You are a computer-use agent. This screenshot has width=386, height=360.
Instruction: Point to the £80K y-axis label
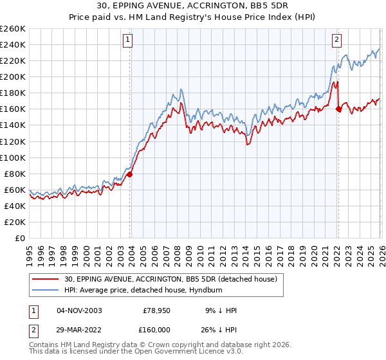pyautogui.click(x=15, y=174)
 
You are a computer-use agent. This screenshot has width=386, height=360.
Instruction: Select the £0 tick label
pyautogui.click(x=20, y=238)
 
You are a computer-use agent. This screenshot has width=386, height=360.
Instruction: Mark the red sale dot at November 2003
pyautogui.click(x=129, y=174)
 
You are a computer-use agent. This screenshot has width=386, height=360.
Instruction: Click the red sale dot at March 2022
pyautogui.click(x=338, y=109)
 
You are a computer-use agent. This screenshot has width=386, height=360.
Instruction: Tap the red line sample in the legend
pyautogui.click(x=46, y=278)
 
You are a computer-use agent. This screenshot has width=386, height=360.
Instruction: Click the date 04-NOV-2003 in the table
pyautogui.click(x=79, y=310)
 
